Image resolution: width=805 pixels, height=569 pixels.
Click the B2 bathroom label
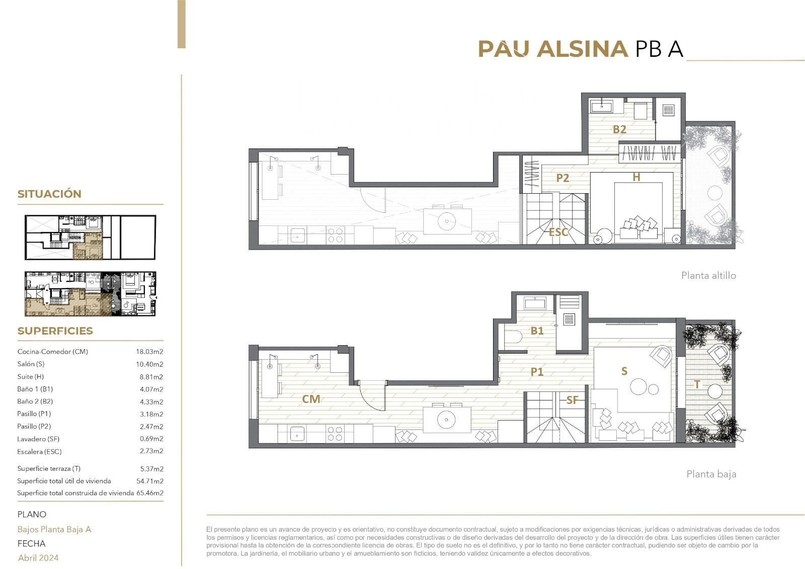pyautogui.click(x=619, y=129)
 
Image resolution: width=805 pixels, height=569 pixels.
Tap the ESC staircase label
pyautogui.click(x=558, y=232)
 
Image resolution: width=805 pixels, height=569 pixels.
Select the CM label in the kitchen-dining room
pyautogui.click(x=311, y=399)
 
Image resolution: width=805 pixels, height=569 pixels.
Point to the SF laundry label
pyautogui.click(x=572, y=400)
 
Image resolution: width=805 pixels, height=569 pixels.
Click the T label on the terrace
pyautogui.click(x=697, y=384)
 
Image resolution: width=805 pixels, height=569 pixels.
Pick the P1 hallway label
pyautogui.click(x=537, y=372)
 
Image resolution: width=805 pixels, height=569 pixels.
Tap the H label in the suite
pyautogui.click(x=636, y=177)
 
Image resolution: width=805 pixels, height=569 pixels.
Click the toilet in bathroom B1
pyautogui.click(x=513, y=337)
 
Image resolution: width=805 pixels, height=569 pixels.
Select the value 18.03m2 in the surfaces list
pyautogui.click(x=149, y=352)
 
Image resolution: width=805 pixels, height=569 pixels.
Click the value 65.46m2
pyautogui.click(x=150, y=493)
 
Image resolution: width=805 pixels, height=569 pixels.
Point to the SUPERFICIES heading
pyautogui.click(x=55, y=331)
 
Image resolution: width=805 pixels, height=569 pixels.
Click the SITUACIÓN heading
pyautogui.click(x=49, y=194)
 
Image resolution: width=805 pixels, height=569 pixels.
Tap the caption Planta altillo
pyautogui.click(x=708, y=276)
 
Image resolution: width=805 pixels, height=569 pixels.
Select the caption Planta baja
pyautogui.click(x=711, y=474)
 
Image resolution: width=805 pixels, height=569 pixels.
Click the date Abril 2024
pyautogui.click(x=38, y=557)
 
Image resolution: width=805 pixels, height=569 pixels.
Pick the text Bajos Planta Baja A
pyautogui.click(x=54, y=529)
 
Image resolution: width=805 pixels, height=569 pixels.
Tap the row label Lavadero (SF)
pyautogui.click(x=38, y=439)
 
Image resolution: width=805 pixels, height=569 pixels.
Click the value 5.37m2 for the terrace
pyautogui.click(x=151, y=469)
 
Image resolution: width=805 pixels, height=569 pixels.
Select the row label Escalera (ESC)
pyautogui.click(x=39, y=451)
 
